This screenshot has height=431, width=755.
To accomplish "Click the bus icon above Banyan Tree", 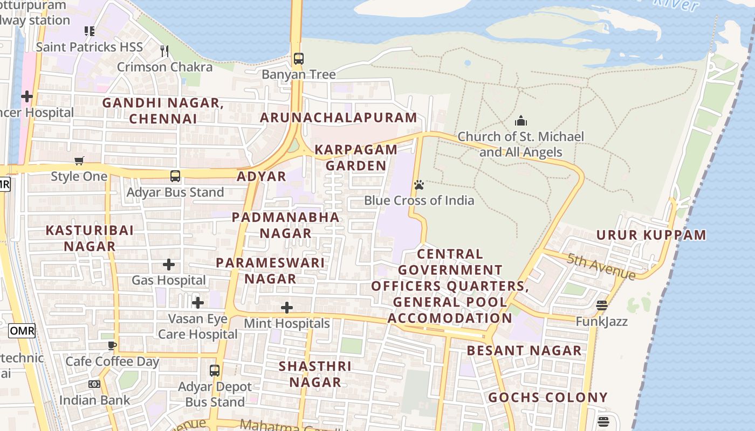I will coord(298,58).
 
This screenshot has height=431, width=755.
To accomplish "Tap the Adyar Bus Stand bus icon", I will coord(175,176).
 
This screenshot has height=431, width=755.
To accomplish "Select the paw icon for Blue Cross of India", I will coord(419,185).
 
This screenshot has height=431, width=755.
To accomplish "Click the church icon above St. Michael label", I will coord(520,121).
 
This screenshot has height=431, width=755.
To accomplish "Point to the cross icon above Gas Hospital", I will coord(169,265).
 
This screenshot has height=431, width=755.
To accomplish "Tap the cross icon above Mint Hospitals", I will coord(287,308).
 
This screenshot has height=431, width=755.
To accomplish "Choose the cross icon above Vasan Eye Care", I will coord(198,303).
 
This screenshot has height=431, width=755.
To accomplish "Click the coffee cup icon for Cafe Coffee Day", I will coord(112,345).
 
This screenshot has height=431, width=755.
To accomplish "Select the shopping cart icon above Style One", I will coord(79,161).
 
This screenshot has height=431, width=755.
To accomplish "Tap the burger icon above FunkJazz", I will coord(602,306).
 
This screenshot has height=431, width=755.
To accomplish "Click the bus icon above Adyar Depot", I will coord(215,371).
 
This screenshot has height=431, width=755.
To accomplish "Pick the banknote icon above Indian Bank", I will coord(94,384).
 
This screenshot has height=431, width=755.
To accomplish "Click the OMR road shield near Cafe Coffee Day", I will coord(22,330).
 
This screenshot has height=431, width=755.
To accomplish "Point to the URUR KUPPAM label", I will coord(651,235).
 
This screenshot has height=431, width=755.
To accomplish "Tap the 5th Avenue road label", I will coord(601,266).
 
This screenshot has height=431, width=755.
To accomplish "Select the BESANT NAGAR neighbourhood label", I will coord(524,351).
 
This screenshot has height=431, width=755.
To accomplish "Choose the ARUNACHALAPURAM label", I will coord(339,117).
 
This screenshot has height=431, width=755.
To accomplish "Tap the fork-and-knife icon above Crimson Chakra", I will coord(164,51).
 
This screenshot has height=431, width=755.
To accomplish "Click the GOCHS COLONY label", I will coord(548,398).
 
